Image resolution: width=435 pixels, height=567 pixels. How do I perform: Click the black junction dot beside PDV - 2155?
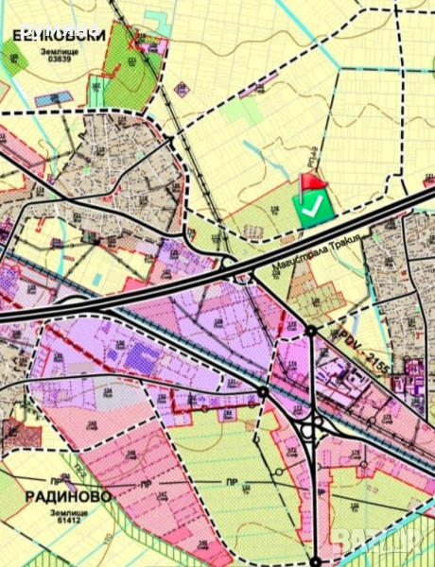311,330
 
